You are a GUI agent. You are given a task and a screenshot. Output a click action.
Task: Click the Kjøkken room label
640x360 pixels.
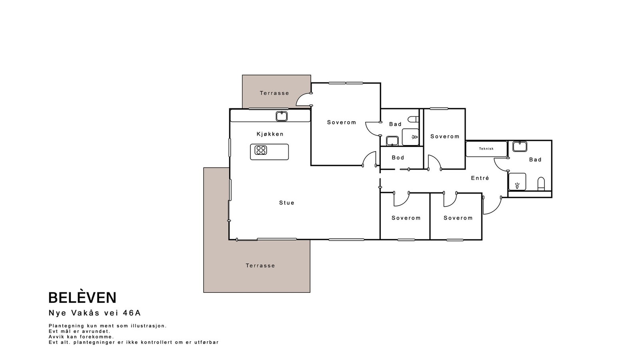click(270, 134)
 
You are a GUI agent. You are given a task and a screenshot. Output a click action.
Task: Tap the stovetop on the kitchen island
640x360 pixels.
click(260, 150)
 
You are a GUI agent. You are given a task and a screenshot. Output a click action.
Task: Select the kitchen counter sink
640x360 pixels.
click(282, 116)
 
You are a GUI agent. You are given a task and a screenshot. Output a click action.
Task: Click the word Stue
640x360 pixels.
click(286, 202)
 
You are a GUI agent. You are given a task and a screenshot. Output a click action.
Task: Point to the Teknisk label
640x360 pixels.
click(486, 148)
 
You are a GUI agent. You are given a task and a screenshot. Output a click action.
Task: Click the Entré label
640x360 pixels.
click(480, 178)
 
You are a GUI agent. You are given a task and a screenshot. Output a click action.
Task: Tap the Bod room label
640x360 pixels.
click(398, 158)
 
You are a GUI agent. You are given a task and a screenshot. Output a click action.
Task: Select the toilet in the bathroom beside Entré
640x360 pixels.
click(541, 184)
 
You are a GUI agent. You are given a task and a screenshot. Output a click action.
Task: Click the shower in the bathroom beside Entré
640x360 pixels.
click(517, 182)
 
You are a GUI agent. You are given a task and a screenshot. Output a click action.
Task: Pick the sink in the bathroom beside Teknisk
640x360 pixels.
click(520, 146)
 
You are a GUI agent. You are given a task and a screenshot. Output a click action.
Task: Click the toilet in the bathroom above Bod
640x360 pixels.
click(412, 119)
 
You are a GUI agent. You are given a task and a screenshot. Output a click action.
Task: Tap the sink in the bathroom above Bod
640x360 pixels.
click(392, 141)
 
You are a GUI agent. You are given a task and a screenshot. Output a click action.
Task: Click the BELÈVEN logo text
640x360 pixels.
click(82, 298)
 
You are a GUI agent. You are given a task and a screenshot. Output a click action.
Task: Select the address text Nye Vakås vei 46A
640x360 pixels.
click(95, 313)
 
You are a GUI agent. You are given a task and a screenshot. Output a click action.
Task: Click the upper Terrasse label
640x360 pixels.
click(274, 93)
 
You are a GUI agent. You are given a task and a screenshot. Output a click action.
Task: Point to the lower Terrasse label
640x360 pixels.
click(260, 266)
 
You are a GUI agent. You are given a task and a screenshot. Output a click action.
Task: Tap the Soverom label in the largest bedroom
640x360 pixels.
click(342, 122)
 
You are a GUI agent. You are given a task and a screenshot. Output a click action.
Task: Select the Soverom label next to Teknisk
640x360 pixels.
click(445, 136)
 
